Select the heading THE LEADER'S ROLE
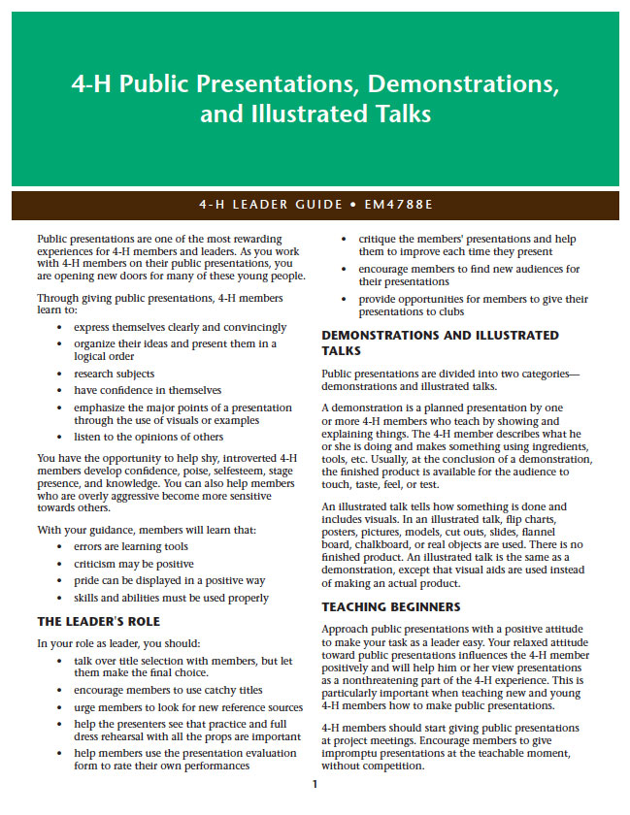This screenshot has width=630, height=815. point(98,621)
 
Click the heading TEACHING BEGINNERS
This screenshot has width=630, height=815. point(390,606)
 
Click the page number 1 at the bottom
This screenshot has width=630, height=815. point(315,784)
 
